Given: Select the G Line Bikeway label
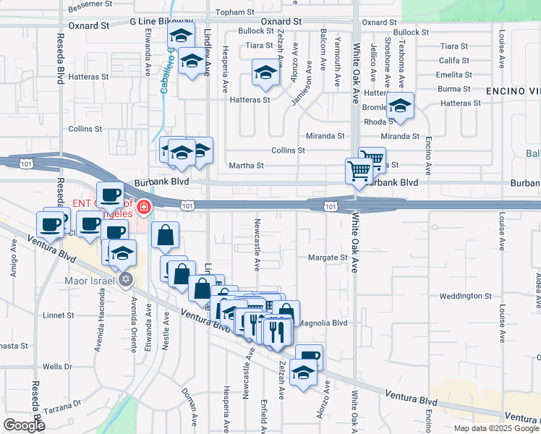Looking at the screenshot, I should pos(162,23).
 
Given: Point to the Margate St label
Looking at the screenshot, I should pos(328,257).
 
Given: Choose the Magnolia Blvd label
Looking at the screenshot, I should pos(323,323).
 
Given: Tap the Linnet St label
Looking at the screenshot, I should pos(59,315).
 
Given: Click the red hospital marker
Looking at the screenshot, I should pos(144,208).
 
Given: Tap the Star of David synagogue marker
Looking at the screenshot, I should pos(126,279).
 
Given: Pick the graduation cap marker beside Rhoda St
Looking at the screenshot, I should pos(399,107).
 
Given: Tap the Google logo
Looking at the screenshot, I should pos(23,425).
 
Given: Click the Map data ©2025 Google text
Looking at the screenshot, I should pos(496,427).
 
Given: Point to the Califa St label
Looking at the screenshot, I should pos(453,61).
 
